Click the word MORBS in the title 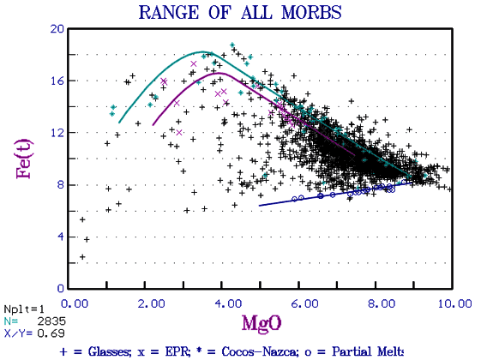pos(311,13)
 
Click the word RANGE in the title pos(169,13)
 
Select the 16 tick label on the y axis pos(57,81)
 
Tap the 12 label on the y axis pos(57,133)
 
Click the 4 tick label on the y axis pos(61,237)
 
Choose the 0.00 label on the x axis pos(75,303)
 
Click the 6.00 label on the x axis pos(304,303)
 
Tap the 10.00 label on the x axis pos(454,303)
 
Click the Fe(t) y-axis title pos(24,159)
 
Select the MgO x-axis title pos(262,323)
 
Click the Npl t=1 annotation pos(24,309)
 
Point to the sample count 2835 pos(51,321)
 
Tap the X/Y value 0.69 pos(51,333)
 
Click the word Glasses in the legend pos(108,351)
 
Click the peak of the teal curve pos(203,51)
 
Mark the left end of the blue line pos(260,206)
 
